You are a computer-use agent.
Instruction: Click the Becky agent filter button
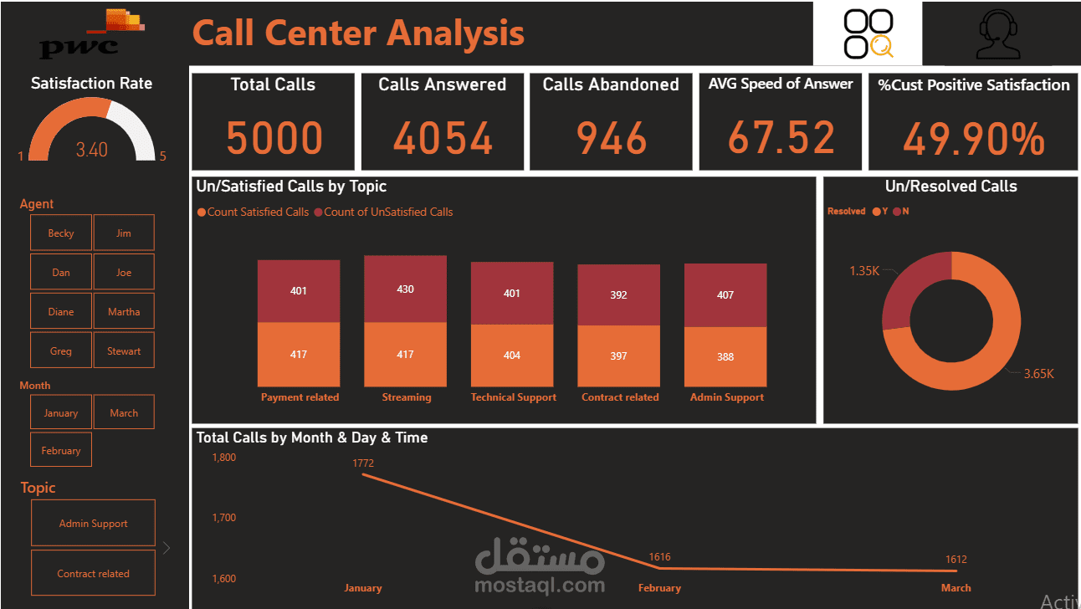pos(61,233)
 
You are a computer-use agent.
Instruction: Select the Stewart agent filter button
pos(124,351)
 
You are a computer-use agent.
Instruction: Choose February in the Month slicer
pos(61,450)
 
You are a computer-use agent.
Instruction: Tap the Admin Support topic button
pos(93,524)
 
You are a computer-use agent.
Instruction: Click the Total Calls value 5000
pos(274,139)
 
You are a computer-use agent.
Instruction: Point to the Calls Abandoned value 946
pos(612,139)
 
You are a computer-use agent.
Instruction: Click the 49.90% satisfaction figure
pos(973,139)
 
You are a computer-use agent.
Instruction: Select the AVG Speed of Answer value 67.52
pos(781,138)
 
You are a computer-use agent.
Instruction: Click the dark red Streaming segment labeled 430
pos(405,289)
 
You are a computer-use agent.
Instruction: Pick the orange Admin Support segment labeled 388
pos(725,356)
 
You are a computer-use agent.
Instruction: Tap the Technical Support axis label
pos(513,397)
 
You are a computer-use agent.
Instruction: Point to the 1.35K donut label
pos(863,271)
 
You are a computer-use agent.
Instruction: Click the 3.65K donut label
pos(1038,374)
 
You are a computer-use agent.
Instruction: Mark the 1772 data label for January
pos(363,463)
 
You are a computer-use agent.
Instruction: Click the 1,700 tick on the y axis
pos(223,518)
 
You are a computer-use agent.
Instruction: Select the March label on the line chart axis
pos(955,588)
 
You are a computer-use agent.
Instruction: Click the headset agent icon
pos(998,34)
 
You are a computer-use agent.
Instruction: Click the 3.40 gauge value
pos(92,150)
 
